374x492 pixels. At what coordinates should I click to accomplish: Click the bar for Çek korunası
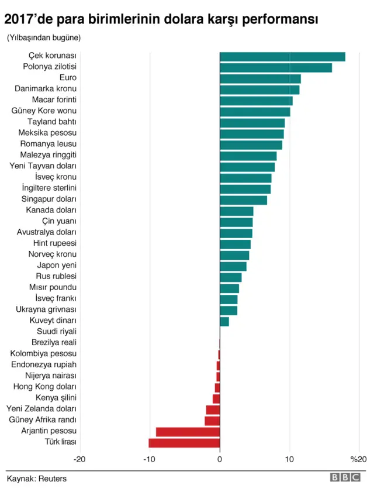[282, 57]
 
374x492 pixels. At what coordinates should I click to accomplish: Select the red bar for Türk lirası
[185, 442]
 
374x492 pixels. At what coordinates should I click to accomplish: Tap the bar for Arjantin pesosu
[188, 432]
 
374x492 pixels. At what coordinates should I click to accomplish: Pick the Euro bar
[260, 78]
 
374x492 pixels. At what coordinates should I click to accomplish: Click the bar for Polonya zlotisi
[276, 68]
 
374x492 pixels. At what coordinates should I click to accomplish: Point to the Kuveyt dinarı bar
[224, 321]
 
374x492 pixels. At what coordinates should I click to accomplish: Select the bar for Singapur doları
[243, 200]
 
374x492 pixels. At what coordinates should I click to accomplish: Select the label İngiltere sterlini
[49, 188]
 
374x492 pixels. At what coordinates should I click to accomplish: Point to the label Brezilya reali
[54, 343]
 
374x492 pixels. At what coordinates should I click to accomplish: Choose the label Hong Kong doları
[49, 387]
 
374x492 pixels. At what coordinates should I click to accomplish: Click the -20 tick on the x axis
[80, 460]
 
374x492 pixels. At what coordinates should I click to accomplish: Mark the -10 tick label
[149, 460]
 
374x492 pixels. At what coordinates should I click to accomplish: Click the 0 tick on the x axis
[220, 460]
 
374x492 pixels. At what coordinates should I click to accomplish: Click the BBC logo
[345, 478]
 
